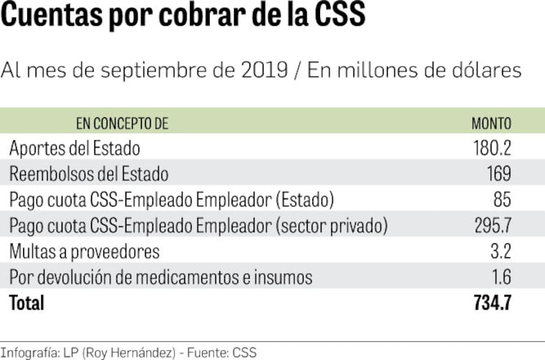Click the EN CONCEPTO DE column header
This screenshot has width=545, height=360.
click(x=122, y=124)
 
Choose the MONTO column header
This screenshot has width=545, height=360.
click(x=491, y=124)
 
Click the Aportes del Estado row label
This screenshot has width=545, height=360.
click(x=75, y=148)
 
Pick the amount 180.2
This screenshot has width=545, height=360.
click(x=492, y=148)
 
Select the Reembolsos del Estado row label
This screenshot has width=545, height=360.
click(x=89, y=174)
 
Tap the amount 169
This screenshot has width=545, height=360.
click(x=498, y=174)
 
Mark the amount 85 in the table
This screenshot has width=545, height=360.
click(x=502, y=200)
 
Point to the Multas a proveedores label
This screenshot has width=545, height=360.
click(x=85, y=252)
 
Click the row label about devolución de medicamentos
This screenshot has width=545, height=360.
click(x=161, y=278)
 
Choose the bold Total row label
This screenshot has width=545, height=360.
click(x=27, y=303)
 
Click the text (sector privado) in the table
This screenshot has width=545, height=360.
click(x=331, y=226)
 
